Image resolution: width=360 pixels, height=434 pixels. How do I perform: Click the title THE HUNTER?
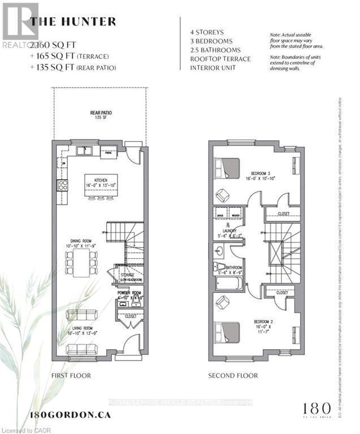pos(73,22)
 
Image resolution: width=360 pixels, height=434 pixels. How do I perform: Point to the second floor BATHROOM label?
pos(234,268)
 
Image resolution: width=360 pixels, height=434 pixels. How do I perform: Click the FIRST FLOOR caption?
pos(71,376)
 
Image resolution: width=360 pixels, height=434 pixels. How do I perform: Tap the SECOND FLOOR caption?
pos(233,376)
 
